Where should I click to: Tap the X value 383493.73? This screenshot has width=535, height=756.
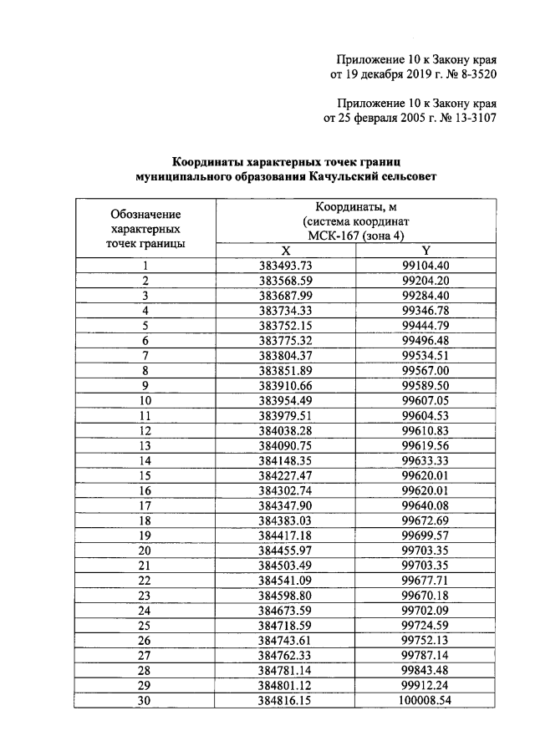point(285,266)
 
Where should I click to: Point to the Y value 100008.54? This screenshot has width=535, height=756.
point(425,702)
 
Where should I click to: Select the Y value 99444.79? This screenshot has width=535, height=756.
point(425,326)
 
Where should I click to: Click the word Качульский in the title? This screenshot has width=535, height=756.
point(342,177)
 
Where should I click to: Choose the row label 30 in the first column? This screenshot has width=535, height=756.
point(145,702)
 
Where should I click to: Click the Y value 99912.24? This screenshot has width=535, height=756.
point(425,687)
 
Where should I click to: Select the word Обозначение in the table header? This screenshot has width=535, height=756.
point(145,214)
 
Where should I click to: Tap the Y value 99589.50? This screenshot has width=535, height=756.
point(425,386)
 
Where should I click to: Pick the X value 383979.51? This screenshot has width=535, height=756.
point(285,416)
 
